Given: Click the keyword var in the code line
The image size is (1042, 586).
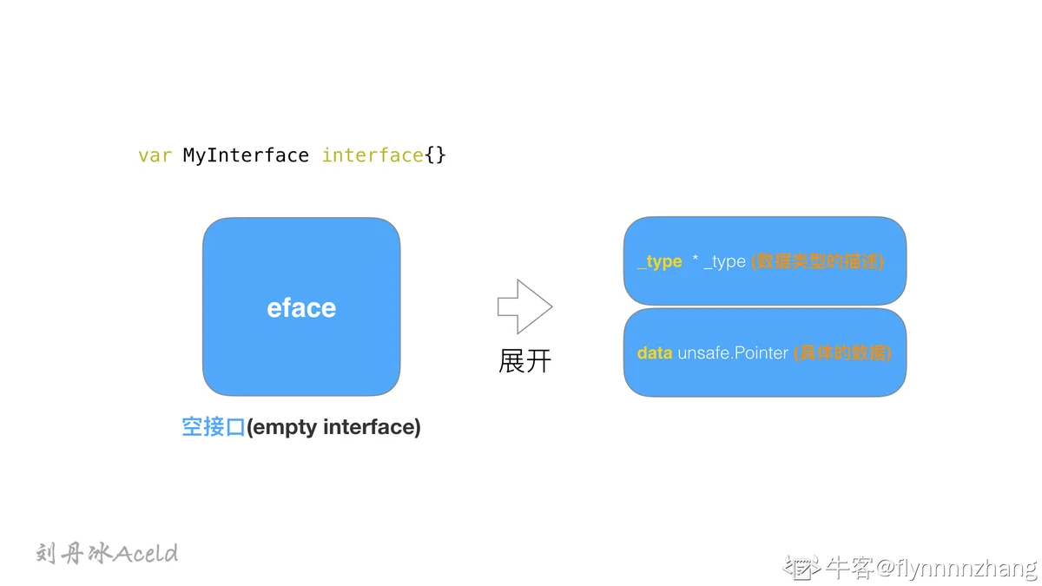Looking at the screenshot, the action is coord(155,155).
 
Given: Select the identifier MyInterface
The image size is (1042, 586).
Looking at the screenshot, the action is coord(246,155).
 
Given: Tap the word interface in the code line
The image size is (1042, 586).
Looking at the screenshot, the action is coord(373,155).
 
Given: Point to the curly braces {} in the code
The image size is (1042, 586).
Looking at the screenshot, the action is coord(435,155).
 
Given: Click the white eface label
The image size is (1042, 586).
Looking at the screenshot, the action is coord(301,308).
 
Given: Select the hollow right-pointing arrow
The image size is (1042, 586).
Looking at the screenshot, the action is coord(524,306).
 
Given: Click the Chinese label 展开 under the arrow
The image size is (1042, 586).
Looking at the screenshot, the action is coord(524,361).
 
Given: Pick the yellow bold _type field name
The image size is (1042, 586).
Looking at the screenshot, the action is coord(660,261).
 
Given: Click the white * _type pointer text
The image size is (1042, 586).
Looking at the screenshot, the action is coord(719,261).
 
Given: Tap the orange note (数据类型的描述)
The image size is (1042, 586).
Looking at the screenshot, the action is coord(817,261).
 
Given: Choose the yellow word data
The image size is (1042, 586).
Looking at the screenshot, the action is coord(655,353).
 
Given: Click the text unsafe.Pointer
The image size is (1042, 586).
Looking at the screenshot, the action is coord(733,353).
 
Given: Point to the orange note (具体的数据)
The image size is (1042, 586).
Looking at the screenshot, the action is coord(842,353).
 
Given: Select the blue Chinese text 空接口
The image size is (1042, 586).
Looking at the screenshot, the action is coord(213,427).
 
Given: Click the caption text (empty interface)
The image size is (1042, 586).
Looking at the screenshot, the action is coord(333,427).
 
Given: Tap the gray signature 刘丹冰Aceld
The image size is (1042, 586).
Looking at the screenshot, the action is coord(107,554).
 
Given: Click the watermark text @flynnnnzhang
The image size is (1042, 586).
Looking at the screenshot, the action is coord(957,569).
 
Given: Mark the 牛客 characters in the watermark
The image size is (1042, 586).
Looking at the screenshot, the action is coord(849,568).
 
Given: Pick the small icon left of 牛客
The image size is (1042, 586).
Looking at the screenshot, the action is coord(802,568).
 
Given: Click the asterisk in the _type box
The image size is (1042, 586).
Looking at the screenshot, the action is coord(695,258).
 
